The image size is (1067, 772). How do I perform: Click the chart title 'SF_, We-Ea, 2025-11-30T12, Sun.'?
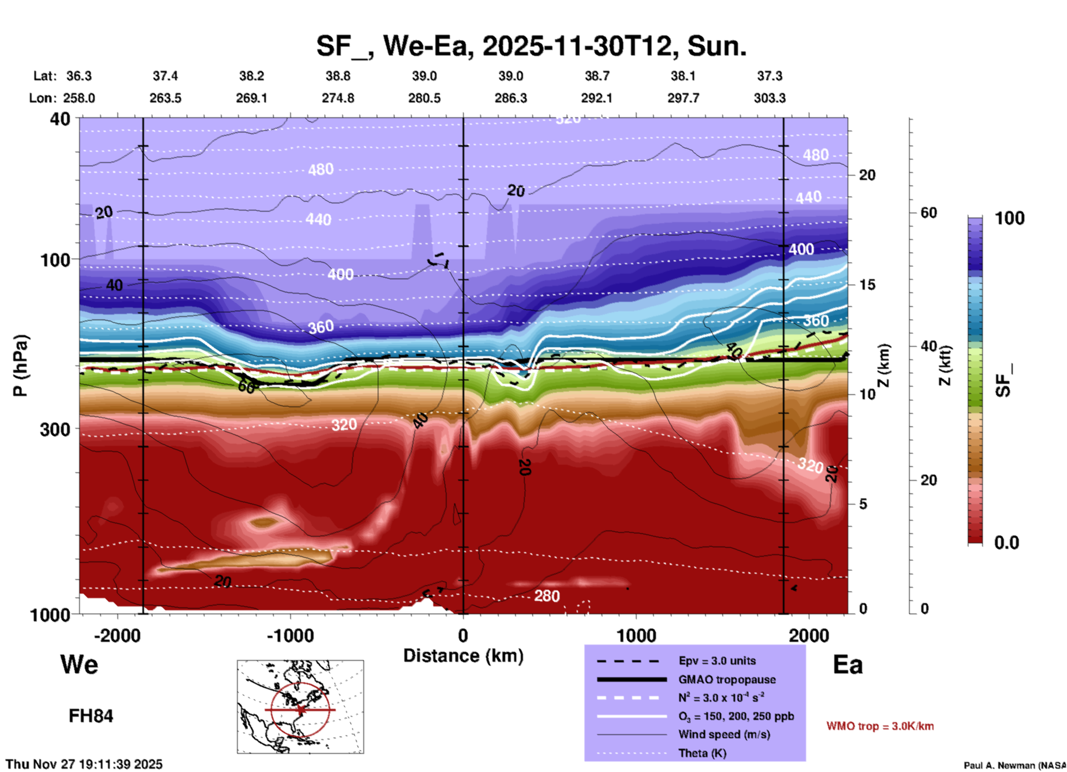tap(531, 46)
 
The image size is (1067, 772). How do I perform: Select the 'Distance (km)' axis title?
tap(463, 656)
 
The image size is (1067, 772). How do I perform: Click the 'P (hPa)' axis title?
tap(20, 366)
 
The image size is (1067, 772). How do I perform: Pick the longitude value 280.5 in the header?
tap(424, 98)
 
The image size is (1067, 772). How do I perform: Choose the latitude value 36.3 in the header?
tap(79, 76)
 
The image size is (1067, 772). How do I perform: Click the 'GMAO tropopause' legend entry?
tap(727, 680)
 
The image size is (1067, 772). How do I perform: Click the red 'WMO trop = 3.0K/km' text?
tap(880, 726)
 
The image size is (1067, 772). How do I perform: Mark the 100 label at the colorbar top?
tap(1009, 218)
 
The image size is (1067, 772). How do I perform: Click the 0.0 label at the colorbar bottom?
tap(1006, 543)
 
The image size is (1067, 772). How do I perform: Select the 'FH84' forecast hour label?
tap(91, 716)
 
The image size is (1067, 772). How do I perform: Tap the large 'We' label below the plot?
tap(79, 664)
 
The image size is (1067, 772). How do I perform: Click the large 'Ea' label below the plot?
tap(848, 665)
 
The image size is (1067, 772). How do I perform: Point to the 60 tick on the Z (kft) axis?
tap(929, 213)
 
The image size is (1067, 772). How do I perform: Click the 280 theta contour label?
tap(547, 596)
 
